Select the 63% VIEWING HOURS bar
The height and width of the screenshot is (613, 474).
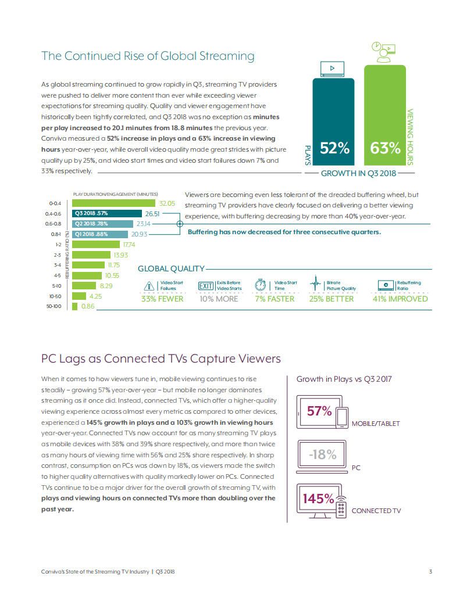(385, 116)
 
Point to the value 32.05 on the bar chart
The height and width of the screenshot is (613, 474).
(167, 203)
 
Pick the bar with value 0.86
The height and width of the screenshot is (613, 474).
(74, 306)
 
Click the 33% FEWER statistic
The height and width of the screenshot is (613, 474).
(162, 299)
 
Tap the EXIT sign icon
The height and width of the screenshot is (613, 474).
(206, 286)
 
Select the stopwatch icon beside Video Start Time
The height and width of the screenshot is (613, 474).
(261, 285)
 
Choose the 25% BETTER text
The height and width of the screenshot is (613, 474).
(331, 299)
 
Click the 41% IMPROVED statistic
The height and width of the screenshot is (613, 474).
(400, 299)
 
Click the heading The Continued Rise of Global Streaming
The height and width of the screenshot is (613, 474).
(148, 56)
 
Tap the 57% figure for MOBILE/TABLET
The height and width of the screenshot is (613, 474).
(319, 411)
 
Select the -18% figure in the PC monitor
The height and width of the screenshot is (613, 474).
(323, 454)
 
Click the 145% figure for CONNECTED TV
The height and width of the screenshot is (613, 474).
(318, 499)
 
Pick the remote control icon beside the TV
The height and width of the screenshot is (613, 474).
(341, 506)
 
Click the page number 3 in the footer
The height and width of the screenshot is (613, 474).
(430, 572)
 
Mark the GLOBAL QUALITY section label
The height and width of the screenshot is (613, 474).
(171, 268)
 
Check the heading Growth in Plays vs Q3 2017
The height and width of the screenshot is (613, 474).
(344, 379)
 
